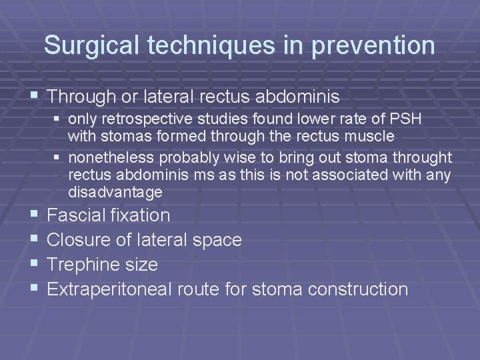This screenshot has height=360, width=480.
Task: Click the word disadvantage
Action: pyautogui.click(x=115, y=193)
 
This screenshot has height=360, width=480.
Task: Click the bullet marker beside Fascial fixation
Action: pyautogui.click(x=34, y=215)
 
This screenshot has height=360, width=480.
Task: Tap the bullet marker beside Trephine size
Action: pyautogui.click(x=34, y=265)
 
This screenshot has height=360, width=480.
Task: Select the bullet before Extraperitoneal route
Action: pyautogui.click(x=34, y=289)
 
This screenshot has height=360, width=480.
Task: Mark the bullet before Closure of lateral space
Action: pyautogui.click(x=34, y=240)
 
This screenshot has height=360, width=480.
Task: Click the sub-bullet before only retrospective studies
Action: pyautogui.click(x=58, y=119)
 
